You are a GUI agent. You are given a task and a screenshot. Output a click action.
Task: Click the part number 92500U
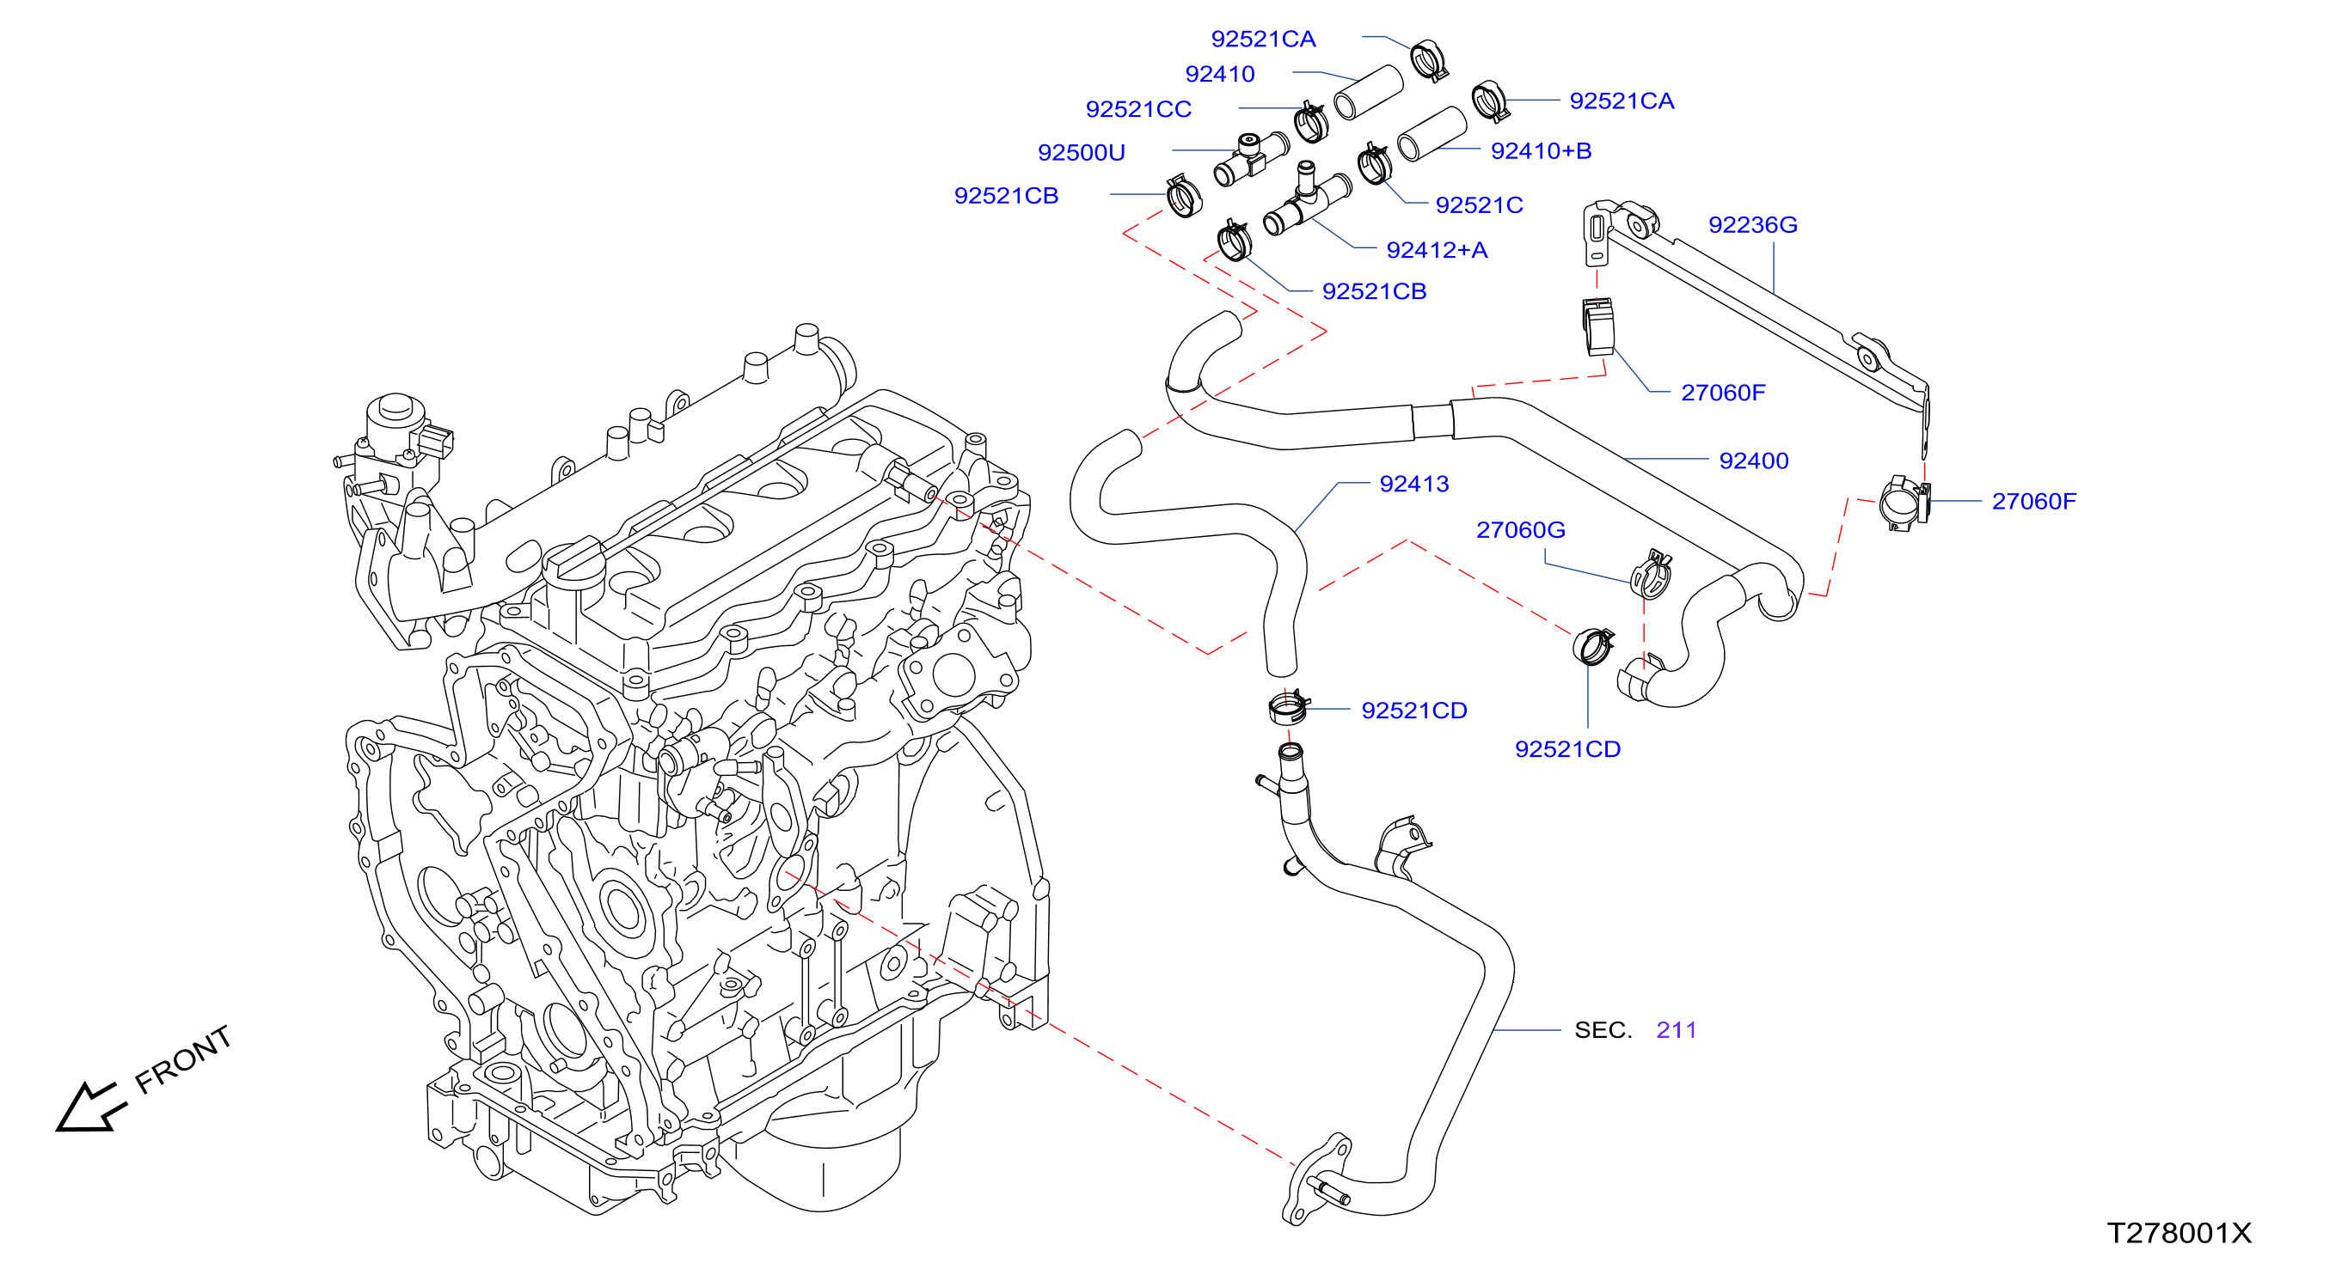pyautogui.click(x=1081, y=153)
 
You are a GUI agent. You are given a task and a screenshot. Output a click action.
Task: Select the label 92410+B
pyautogui.click(x=1541, y=151)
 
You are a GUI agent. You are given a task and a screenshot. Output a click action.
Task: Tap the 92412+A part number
pyautogui.click(x=1437, y=250)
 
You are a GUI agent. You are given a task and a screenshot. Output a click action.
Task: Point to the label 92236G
pyautogui.click(x=1753, y=224)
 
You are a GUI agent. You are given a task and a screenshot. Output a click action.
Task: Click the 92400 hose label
pyautogui.click(x=1754, y=461)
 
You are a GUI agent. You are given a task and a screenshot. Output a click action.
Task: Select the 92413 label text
pyautogui.click(x=1413, y=484)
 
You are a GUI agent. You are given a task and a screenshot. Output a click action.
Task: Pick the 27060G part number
pyautogui.click(x=1520, y=530)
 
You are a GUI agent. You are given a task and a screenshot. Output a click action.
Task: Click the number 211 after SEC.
pyautogui.click(x=1677, y=1029)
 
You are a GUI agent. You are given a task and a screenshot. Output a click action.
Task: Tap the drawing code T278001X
pyautogui.click(x=2180, y=1233)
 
